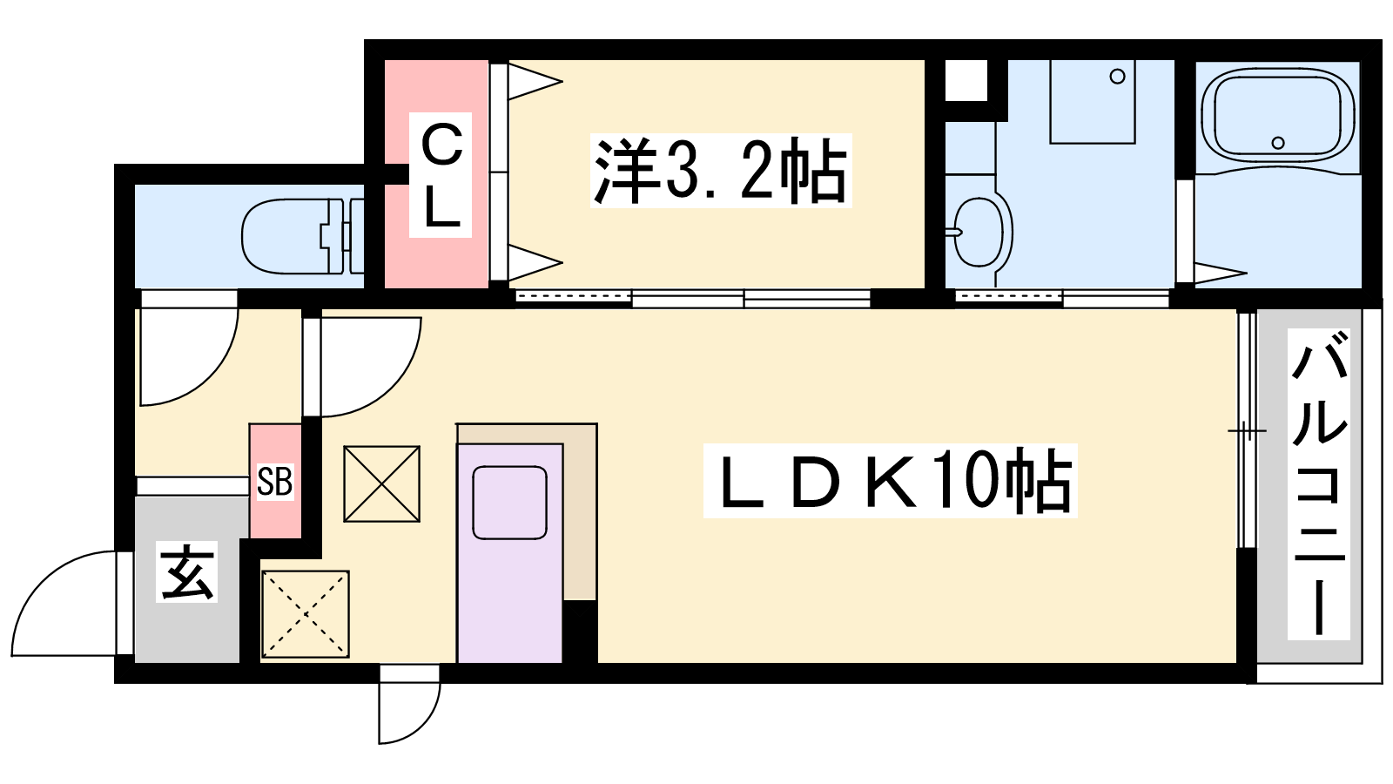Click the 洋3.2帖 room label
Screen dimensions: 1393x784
pyautogui.click(x=721, y=171)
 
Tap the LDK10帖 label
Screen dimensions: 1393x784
pyautogui.click(x=890, y=480)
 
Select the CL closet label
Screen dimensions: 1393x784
pyautogui.click(x=441, y=175)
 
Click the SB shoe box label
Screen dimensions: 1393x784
pyautogui.click(x=275, y=481)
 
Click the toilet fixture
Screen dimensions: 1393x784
pyautogui.click(x=302, y=236)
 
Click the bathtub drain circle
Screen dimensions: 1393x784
pyautogui.click(x=1278, y=143)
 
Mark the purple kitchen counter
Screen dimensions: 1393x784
pyautogui.click(x=510, y=553)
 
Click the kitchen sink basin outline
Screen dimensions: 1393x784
pyautogui.click(x=510, y=503)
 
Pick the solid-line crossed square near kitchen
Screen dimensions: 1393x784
pyautogui.click(x=382, y=483)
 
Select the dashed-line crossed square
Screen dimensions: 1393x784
pyautogui.click(x=306, y=614)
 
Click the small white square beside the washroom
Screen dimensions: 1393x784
pyautogui.click(x=966, y=80)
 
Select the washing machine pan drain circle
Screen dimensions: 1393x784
pyautogui.click(x=1118, y=78)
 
